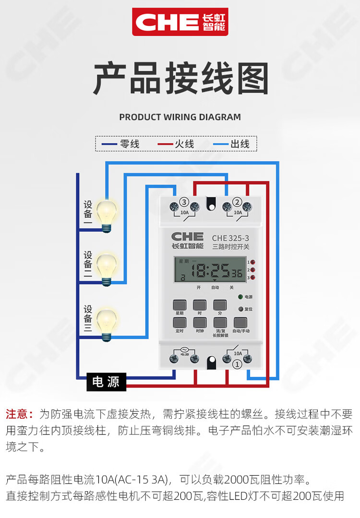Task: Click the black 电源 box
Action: (106, 382)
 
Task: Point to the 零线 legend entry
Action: (120, 144)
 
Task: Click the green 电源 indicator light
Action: (240, 297)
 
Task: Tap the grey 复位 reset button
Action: (240, 309)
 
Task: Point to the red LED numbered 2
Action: (252, 270)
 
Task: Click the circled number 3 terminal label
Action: (184, 201)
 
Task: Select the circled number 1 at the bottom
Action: (236, 365)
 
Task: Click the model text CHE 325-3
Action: (230, 237)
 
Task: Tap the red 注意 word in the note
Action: (19, 414)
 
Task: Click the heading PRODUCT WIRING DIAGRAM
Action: (180, 117)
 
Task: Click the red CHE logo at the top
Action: (180, 22)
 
